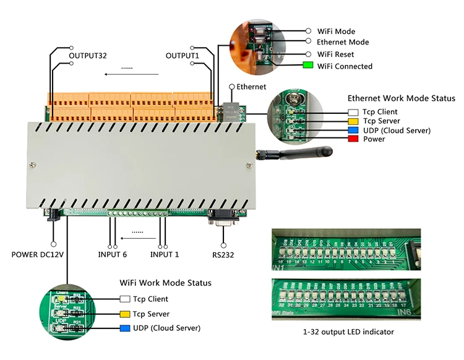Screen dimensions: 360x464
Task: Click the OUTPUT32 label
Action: tap(88, 56)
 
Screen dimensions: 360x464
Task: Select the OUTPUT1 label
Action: tap(183, 56)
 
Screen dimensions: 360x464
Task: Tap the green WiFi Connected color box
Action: tap(307, 66)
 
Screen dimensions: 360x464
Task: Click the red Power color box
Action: tap(353, 139)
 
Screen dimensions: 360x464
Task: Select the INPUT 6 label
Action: tap(113, 254)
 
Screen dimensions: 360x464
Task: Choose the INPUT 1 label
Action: tap(165, 254)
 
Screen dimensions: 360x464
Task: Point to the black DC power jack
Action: tap(54, 214)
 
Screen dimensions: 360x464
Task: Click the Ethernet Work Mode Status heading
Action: tap(401, 98)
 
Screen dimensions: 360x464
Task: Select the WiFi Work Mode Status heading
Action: tap(165, 283)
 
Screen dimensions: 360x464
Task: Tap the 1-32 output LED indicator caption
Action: tap(348, 332)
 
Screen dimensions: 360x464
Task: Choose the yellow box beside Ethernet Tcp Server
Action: tap(353, 121)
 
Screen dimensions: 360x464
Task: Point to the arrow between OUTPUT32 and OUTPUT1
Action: tap(131, 74)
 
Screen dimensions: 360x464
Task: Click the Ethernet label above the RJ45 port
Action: tap(251, 87)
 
